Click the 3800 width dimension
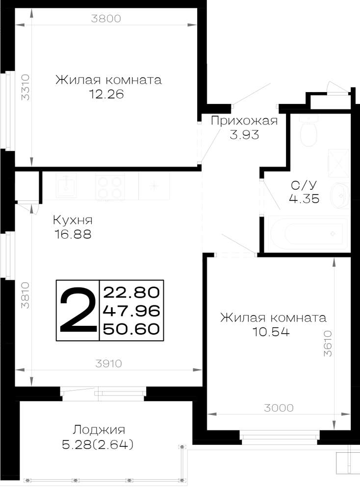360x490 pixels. (x=106, y=19)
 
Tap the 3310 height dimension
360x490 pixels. (x=25, y=87)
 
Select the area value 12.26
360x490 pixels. (x=106, y=94)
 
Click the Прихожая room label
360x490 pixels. (x=244, y=121)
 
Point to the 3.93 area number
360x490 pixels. (x=244, y=135)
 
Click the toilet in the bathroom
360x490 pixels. (x=309, y=130)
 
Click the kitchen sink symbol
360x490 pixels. (x=66, y=185)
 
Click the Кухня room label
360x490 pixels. (x=73, y=220)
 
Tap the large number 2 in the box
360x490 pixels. (x=78, y=310)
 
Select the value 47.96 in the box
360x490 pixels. (x=131, y=311)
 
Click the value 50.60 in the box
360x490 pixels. (x=131, y=329)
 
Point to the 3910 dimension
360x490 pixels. (x=108, y=364)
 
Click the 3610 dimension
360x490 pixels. (x=328, y=343)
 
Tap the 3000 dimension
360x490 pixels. (x=279, y=408)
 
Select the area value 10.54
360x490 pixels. (x=271, y=332)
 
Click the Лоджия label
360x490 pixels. (x=99, y=430)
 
